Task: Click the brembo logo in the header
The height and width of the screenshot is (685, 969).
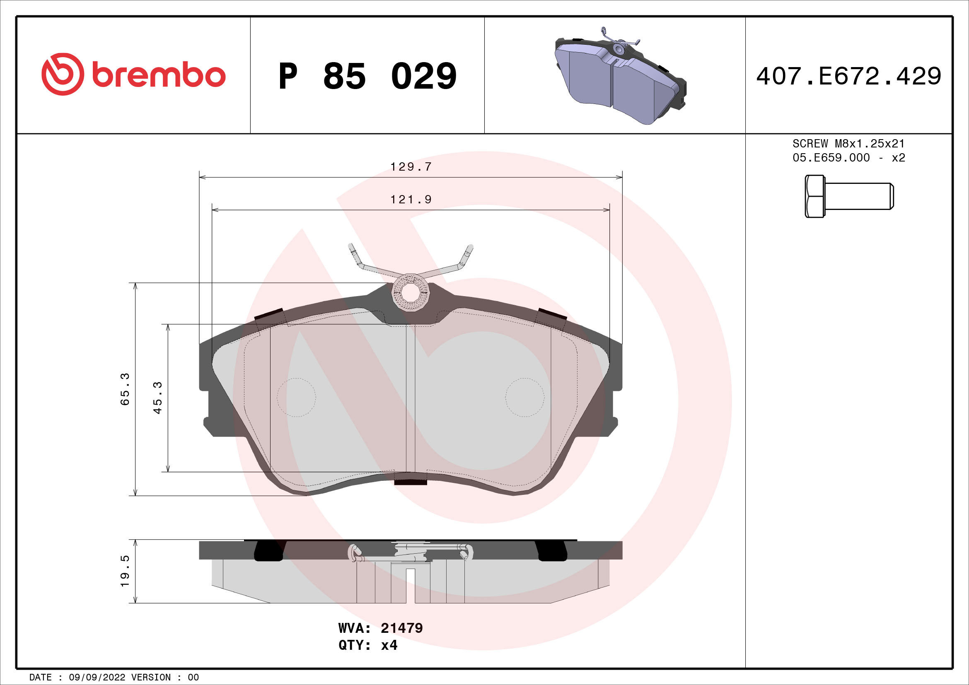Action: [133, 75]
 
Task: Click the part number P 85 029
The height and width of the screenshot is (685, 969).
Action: [367, 76]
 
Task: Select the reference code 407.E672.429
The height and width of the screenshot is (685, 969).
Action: [848, 76]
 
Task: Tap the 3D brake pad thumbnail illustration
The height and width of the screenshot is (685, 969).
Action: [619, 78]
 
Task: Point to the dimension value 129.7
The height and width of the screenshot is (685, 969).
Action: [411, 167]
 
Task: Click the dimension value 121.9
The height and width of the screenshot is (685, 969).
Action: [411, 200]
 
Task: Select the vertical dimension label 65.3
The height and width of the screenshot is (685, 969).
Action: [125, 389]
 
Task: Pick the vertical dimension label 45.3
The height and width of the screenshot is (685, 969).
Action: [157, 398]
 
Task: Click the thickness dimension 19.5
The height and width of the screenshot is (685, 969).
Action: [125, 571]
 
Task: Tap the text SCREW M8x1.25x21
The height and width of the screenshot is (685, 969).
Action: [848, 143]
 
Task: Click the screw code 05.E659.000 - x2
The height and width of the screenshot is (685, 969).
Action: [848, 158]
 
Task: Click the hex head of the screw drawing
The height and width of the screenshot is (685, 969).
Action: [814, 197]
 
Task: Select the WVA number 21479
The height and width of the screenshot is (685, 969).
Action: [401, 628]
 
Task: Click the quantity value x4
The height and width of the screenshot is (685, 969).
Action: [389, 645]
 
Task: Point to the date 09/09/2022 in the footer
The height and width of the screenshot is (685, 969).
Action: [97, 678]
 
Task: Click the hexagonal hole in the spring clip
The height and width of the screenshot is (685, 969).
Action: [411, 292]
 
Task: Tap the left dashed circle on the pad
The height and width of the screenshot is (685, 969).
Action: [296, 397]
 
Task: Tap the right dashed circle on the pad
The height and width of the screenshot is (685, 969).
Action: [524, 397]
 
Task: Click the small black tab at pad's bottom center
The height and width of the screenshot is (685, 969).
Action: [410, 482]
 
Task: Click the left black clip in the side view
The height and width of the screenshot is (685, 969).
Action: [269, 551]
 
